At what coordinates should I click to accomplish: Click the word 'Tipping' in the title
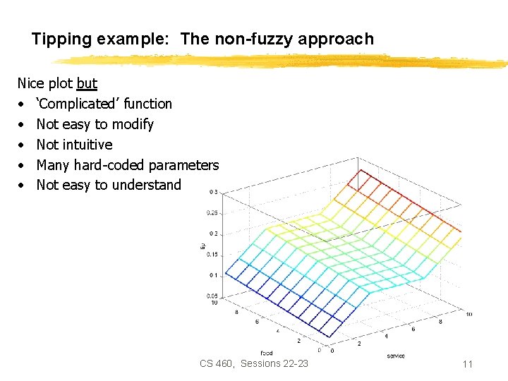tap(56, 39)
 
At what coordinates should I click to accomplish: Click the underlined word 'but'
tap(87, 83)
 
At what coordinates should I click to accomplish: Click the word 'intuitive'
tap(86, 145)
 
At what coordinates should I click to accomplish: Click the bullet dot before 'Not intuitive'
tap(22, 145)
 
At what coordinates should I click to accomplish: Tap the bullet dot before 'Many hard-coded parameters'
tap(22, 165)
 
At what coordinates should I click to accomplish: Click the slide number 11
tap(467, 364)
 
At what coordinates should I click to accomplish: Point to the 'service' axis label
tap(396, 356)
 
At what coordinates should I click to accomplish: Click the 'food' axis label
tap(266, 352)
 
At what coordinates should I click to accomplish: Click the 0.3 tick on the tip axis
tap(214, 192)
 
